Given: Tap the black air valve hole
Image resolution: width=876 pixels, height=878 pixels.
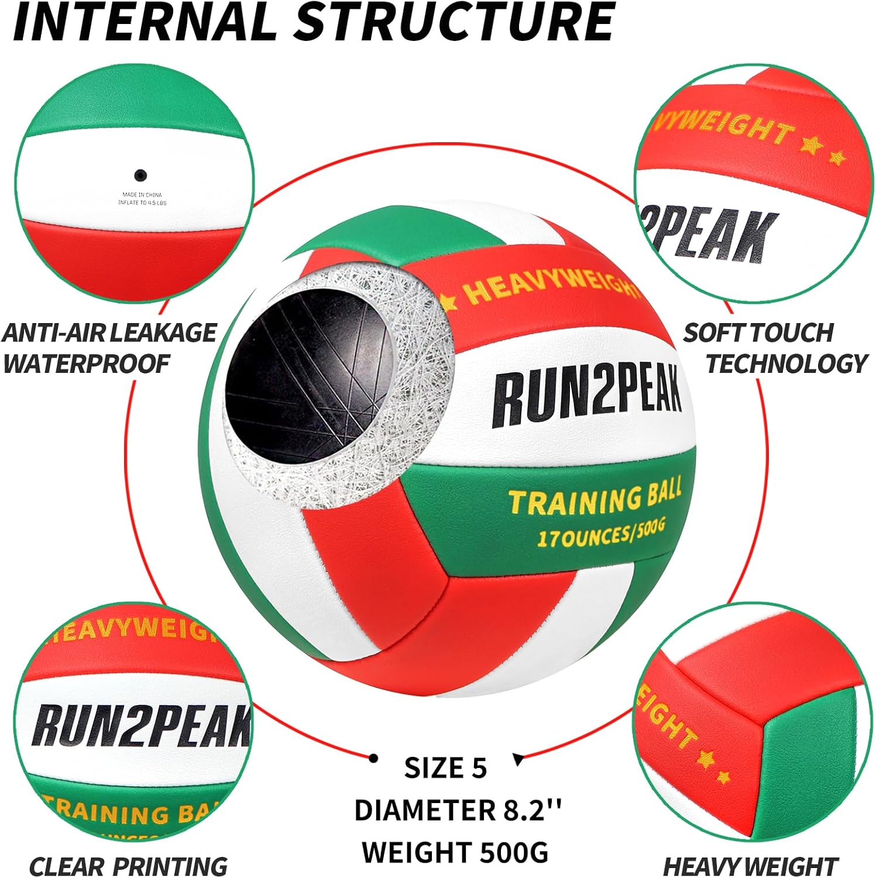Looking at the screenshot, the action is point(140,174).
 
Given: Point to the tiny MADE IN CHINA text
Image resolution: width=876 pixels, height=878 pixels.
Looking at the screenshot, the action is point(142,194).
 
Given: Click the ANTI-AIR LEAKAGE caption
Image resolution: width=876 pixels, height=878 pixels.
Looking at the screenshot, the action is point(109,332).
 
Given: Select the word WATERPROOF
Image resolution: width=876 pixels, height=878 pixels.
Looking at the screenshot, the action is point(86,363).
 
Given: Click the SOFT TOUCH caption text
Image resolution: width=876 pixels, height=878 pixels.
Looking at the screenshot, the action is point(758,332).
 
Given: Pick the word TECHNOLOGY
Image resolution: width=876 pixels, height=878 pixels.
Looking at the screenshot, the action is point(786,363).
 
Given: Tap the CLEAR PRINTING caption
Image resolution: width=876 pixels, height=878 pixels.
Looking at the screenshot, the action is point(128,865).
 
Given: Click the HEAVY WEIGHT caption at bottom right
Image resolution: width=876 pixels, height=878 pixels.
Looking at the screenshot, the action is point(751,865).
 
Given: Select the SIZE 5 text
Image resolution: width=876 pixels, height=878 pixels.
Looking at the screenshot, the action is point(445,768).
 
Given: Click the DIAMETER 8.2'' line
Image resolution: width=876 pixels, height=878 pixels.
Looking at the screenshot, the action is point(458,810).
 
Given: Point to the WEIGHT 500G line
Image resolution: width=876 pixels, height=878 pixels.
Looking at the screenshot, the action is point(455,852).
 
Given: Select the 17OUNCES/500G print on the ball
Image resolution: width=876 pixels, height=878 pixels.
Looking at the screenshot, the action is point(601,533).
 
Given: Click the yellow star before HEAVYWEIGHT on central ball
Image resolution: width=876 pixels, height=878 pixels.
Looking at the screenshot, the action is point(448,302).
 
